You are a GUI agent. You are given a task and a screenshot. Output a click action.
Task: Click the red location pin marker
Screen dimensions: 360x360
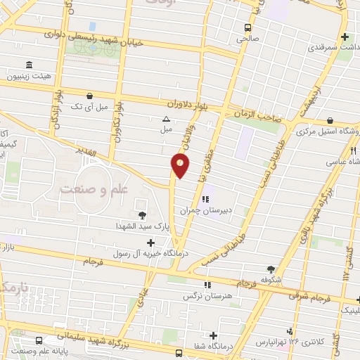point(180,166)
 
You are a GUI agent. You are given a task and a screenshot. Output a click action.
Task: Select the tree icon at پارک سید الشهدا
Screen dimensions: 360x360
point(142,215)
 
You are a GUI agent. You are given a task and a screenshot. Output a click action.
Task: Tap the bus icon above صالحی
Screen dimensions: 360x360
point(247,27)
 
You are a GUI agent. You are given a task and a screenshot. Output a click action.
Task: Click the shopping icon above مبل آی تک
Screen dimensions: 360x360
point(89,96)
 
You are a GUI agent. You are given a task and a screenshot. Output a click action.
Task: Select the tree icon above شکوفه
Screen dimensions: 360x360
point(271,268)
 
